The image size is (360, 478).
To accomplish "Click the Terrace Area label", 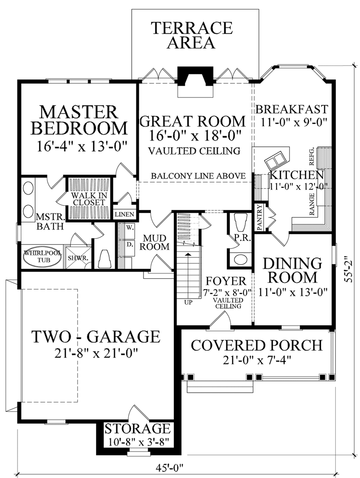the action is click(192, 35).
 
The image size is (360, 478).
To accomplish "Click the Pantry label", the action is click(260, 217).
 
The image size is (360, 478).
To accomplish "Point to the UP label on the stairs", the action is click(189, 303).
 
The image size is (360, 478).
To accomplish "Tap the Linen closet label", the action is click(125, 214).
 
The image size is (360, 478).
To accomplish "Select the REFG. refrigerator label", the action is click(312, 156).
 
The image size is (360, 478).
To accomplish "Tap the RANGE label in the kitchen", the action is click(312, 204).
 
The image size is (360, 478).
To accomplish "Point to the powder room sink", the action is click(241, 259).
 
